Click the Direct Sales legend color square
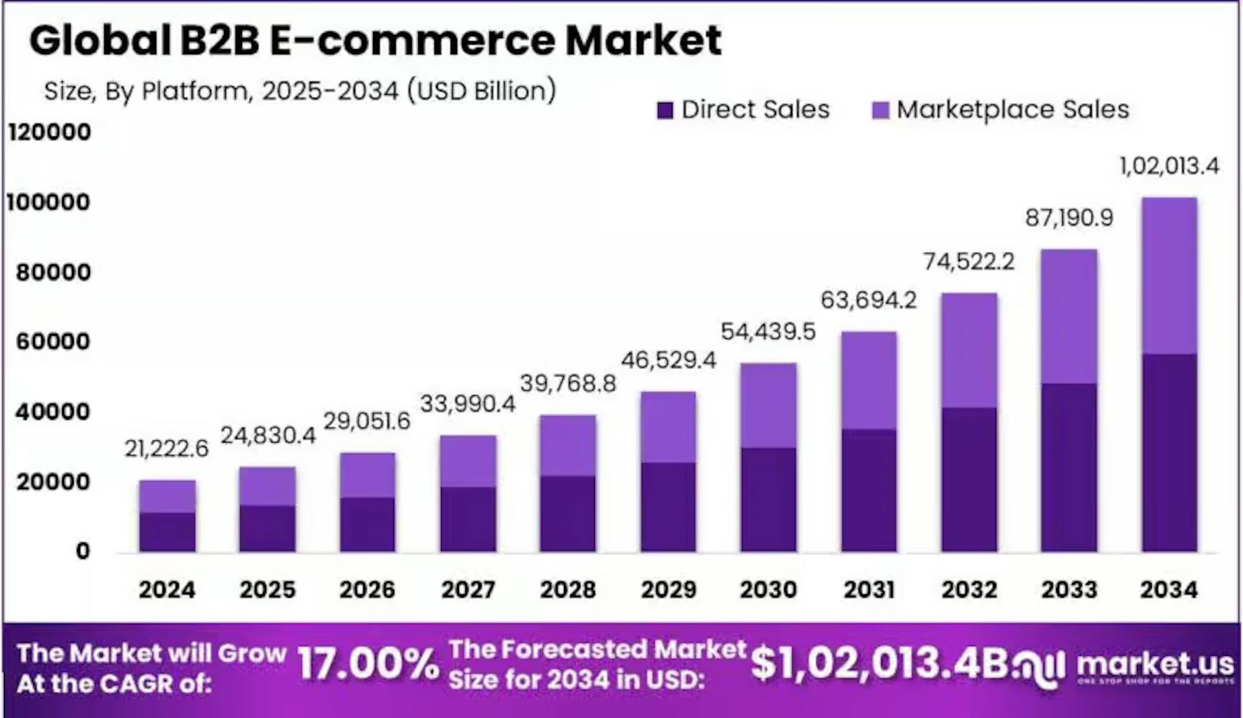pos(665,110)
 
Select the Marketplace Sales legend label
pos(1013,109)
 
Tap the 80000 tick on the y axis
pos(54,272)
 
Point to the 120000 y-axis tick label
pos(49,132)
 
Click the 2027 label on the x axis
pos(468,589)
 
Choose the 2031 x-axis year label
pos(869,589)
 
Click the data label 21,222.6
pos(166,448)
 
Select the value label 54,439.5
pos(768,332)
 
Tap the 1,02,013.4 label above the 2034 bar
pos(1169,166)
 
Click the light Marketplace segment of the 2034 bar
pos(1169,275)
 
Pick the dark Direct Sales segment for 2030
pos(768,499)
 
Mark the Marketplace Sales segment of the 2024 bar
pos(167,496)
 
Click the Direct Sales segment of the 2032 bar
pos(969,479)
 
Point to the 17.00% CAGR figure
pos(368,666)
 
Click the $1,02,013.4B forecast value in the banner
pos(879,664)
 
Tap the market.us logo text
pos(1156,664)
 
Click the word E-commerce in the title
pos(412,40)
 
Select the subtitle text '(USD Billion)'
pos(482,91)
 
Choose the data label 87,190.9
pos(1069,218)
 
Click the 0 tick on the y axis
pos(82,551)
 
